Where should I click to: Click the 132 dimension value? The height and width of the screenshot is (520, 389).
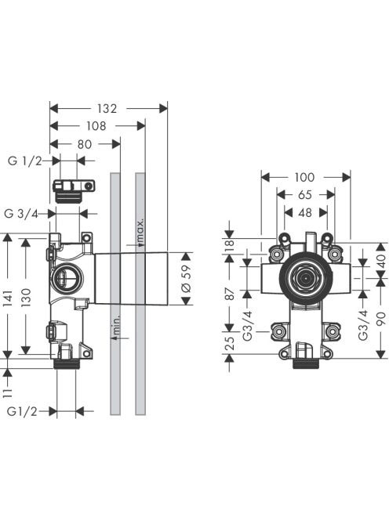pyautogui.click(x=107, y=108)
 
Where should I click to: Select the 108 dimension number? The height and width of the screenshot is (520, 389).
pyautogui.click(x=96, y=126)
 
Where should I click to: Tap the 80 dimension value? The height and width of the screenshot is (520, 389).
pyautogui.click(x=85, y=144)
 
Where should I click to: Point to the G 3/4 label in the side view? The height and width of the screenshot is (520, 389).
pyautogui.click(x=21, y=214)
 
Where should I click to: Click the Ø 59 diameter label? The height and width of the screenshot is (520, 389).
pyautogui.click(x=187, y=278)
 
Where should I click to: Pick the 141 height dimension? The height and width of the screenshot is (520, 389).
pyautogui.click(x=8, y=298)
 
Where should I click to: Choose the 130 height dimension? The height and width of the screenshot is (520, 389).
pyautogui.click(x=26, y=298)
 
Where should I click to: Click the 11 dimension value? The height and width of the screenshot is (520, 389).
pyautogui.click(x=8, y=393)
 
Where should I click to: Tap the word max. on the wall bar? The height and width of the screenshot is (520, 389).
pyautogui.click(x=140, y=230)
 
